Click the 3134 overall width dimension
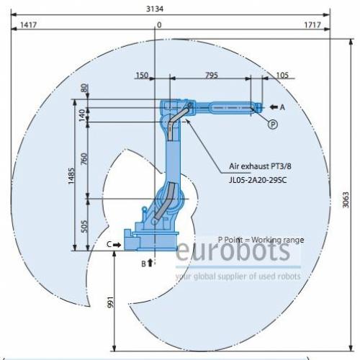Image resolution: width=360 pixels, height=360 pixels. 155,9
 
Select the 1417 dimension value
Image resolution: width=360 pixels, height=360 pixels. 28,24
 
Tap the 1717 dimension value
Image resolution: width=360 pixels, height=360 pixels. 312,24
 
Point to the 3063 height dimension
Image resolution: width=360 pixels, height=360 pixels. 346,199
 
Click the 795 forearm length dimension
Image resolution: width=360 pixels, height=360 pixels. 212,75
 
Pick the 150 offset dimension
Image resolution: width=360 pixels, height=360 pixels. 142,75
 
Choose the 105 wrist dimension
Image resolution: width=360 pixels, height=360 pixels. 282,75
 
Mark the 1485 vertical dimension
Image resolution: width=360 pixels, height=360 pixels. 71,176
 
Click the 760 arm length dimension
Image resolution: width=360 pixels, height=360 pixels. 84,158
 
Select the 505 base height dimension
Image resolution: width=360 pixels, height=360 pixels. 84,226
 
